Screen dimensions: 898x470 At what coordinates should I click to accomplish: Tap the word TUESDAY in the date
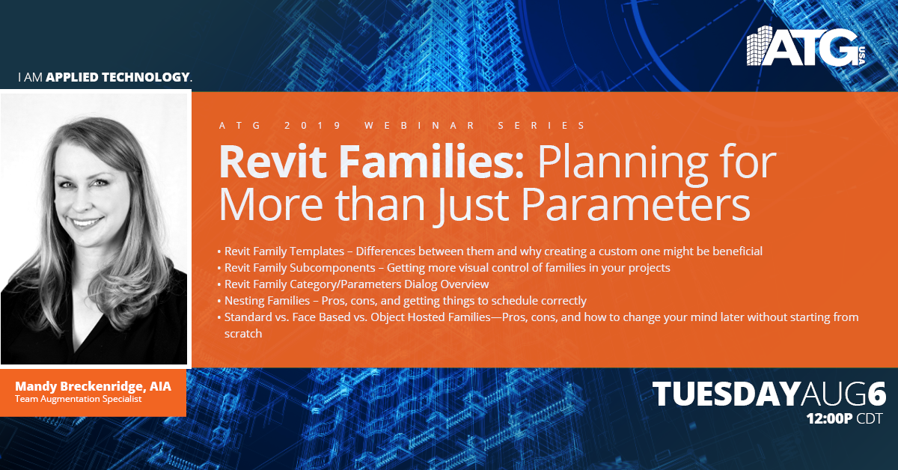point(726,394)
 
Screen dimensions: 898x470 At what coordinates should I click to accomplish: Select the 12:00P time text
point(829,418)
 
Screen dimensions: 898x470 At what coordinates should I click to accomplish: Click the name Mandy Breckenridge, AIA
point(93,387)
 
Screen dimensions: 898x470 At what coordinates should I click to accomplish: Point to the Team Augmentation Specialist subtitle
point(78,399)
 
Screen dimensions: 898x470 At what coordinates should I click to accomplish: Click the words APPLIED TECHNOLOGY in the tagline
point(117,77)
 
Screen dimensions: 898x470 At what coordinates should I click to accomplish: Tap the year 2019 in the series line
point(312,126)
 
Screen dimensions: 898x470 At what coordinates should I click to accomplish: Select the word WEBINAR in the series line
point(420,126)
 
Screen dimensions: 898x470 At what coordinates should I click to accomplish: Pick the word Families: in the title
point(432,162)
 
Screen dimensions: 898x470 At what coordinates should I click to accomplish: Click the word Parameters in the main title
point(635,205)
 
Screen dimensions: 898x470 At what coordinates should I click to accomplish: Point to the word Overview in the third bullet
point(465,284)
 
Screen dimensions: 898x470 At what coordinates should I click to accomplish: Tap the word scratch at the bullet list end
point(243,334)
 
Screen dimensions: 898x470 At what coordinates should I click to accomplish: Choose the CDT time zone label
point(870,418)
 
